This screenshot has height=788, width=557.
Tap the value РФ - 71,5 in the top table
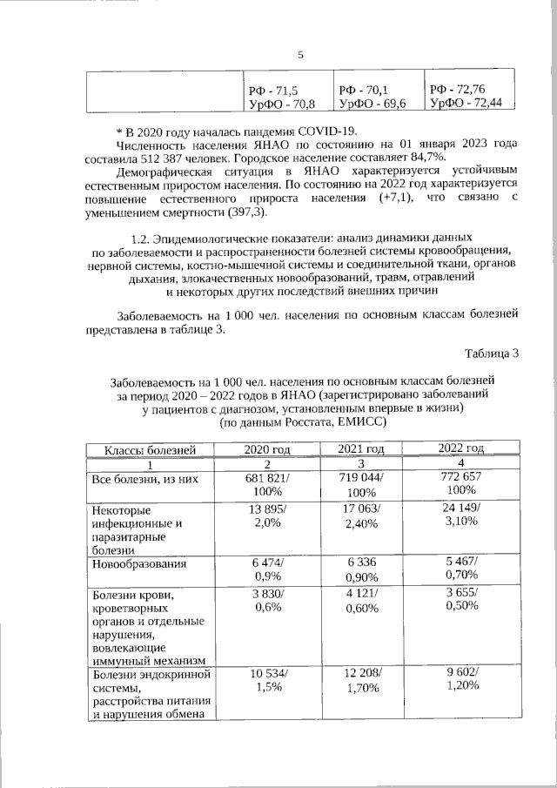(273, 90)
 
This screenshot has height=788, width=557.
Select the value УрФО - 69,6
(372, 104)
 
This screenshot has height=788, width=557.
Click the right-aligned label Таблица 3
(491, 353)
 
